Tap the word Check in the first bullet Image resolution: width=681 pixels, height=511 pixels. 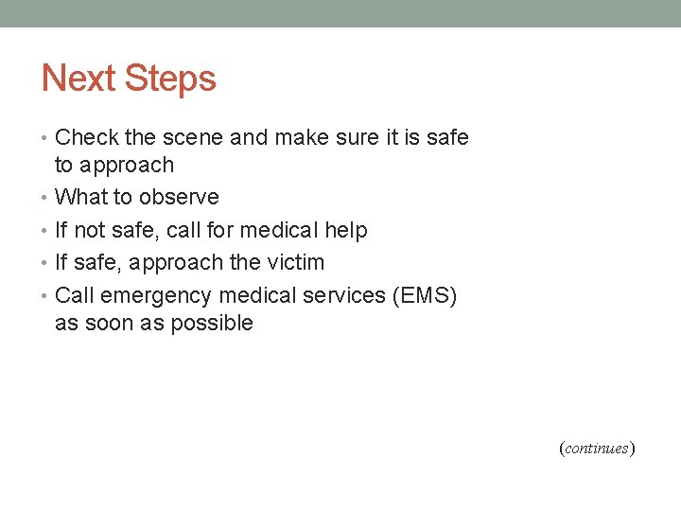[x=87, y=137]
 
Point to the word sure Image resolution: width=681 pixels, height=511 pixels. [x=353, y=137]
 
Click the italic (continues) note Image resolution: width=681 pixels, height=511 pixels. [x=596, y=448]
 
